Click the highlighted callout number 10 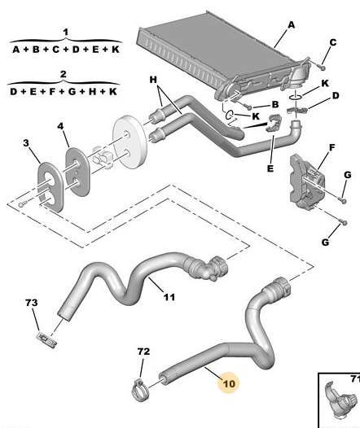[x=229, y=383]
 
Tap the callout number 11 [x=169, y=297]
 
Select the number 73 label [x=32, y=303]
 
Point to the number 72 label [x=143, y=352]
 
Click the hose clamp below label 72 [x=141, y=390]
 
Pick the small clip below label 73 [x=46, y=340]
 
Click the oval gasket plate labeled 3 [x=50, y=187]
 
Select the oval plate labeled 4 [x=77, y=172]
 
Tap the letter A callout [x=292, y=25]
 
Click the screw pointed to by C [x=323, y=67]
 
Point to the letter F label [x=331, y=147]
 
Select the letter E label [x=270, y=168]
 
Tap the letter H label [x=153, y=80]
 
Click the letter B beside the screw [x=275, y=104]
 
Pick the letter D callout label [x=336, y=95]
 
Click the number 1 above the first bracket [x=65, y=33]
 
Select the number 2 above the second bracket [x=63, y=74]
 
